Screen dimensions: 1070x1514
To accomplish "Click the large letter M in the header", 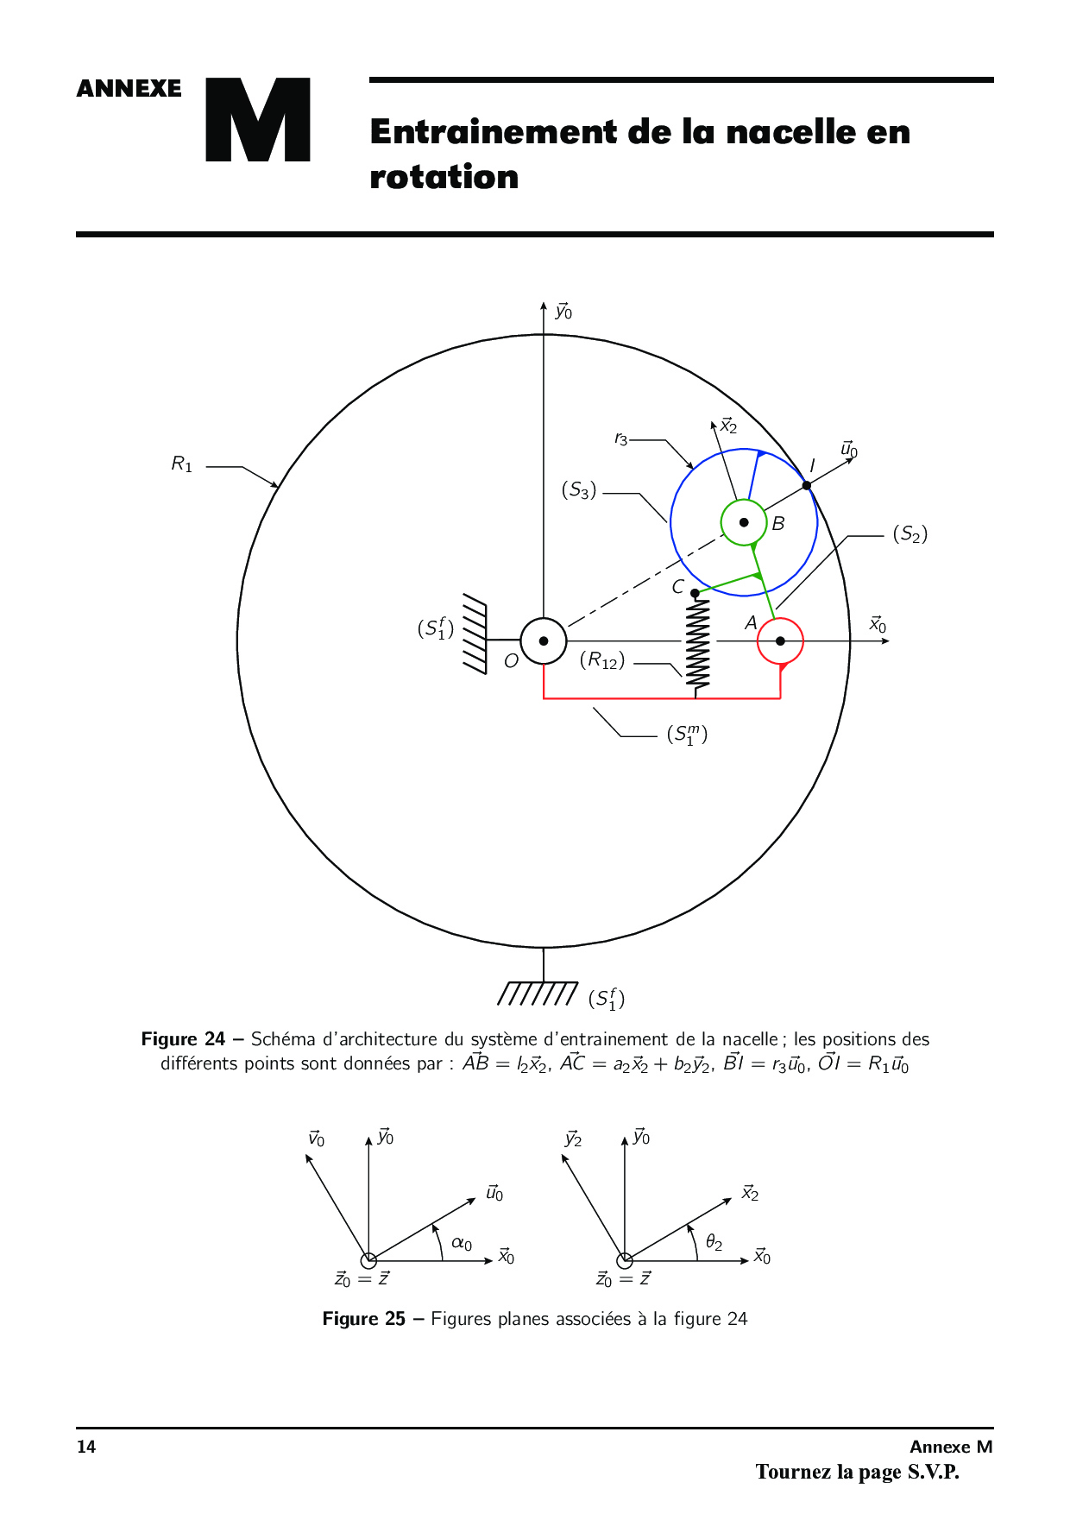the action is (x=258, y=120).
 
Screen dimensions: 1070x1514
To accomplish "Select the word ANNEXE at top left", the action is (x=129, y=89).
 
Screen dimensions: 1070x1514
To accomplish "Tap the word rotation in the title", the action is (x=444, y=177).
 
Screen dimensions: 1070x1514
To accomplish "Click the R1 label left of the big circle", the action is (x=182, y=464).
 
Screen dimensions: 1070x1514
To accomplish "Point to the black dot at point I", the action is (x=807, y=485).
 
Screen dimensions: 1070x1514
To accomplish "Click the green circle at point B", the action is (x=744, y=522).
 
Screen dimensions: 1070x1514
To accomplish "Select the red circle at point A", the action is (x=780, y=641).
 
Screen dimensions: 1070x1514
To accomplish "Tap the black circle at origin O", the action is (x=544, y=640).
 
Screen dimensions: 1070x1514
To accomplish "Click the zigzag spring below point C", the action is (x=697, y=643).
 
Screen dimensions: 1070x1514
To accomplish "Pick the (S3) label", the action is (x=579, y=490).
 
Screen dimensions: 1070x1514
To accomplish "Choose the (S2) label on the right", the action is (x=910, y=534).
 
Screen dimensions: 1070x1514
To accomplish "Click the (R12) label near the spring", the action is (x=602, y=661).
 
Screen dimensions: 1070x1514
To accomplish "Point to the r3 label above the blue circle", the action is (x=620, y=439).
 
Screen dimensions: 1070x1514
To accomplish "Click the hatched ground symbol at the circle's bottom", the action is (x=538, y=994).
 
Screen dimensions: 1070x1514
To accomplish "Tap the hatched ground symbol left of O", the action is (x=475, y=634).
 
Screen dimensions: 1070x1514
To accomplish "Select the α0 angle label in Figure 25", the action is (x=462, y=1244).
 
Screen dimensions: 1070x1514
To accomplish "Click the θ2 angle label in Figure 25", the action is (x=714, y=1242).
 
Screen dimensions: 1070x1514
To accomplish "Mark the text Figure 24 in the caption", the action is (x=183, y=1039).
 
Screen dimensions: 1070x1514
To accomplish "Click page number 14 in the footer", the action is (x=86, y=1447).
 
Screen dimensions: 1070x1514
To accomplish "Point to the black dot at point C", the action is (x=695, y=593).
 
